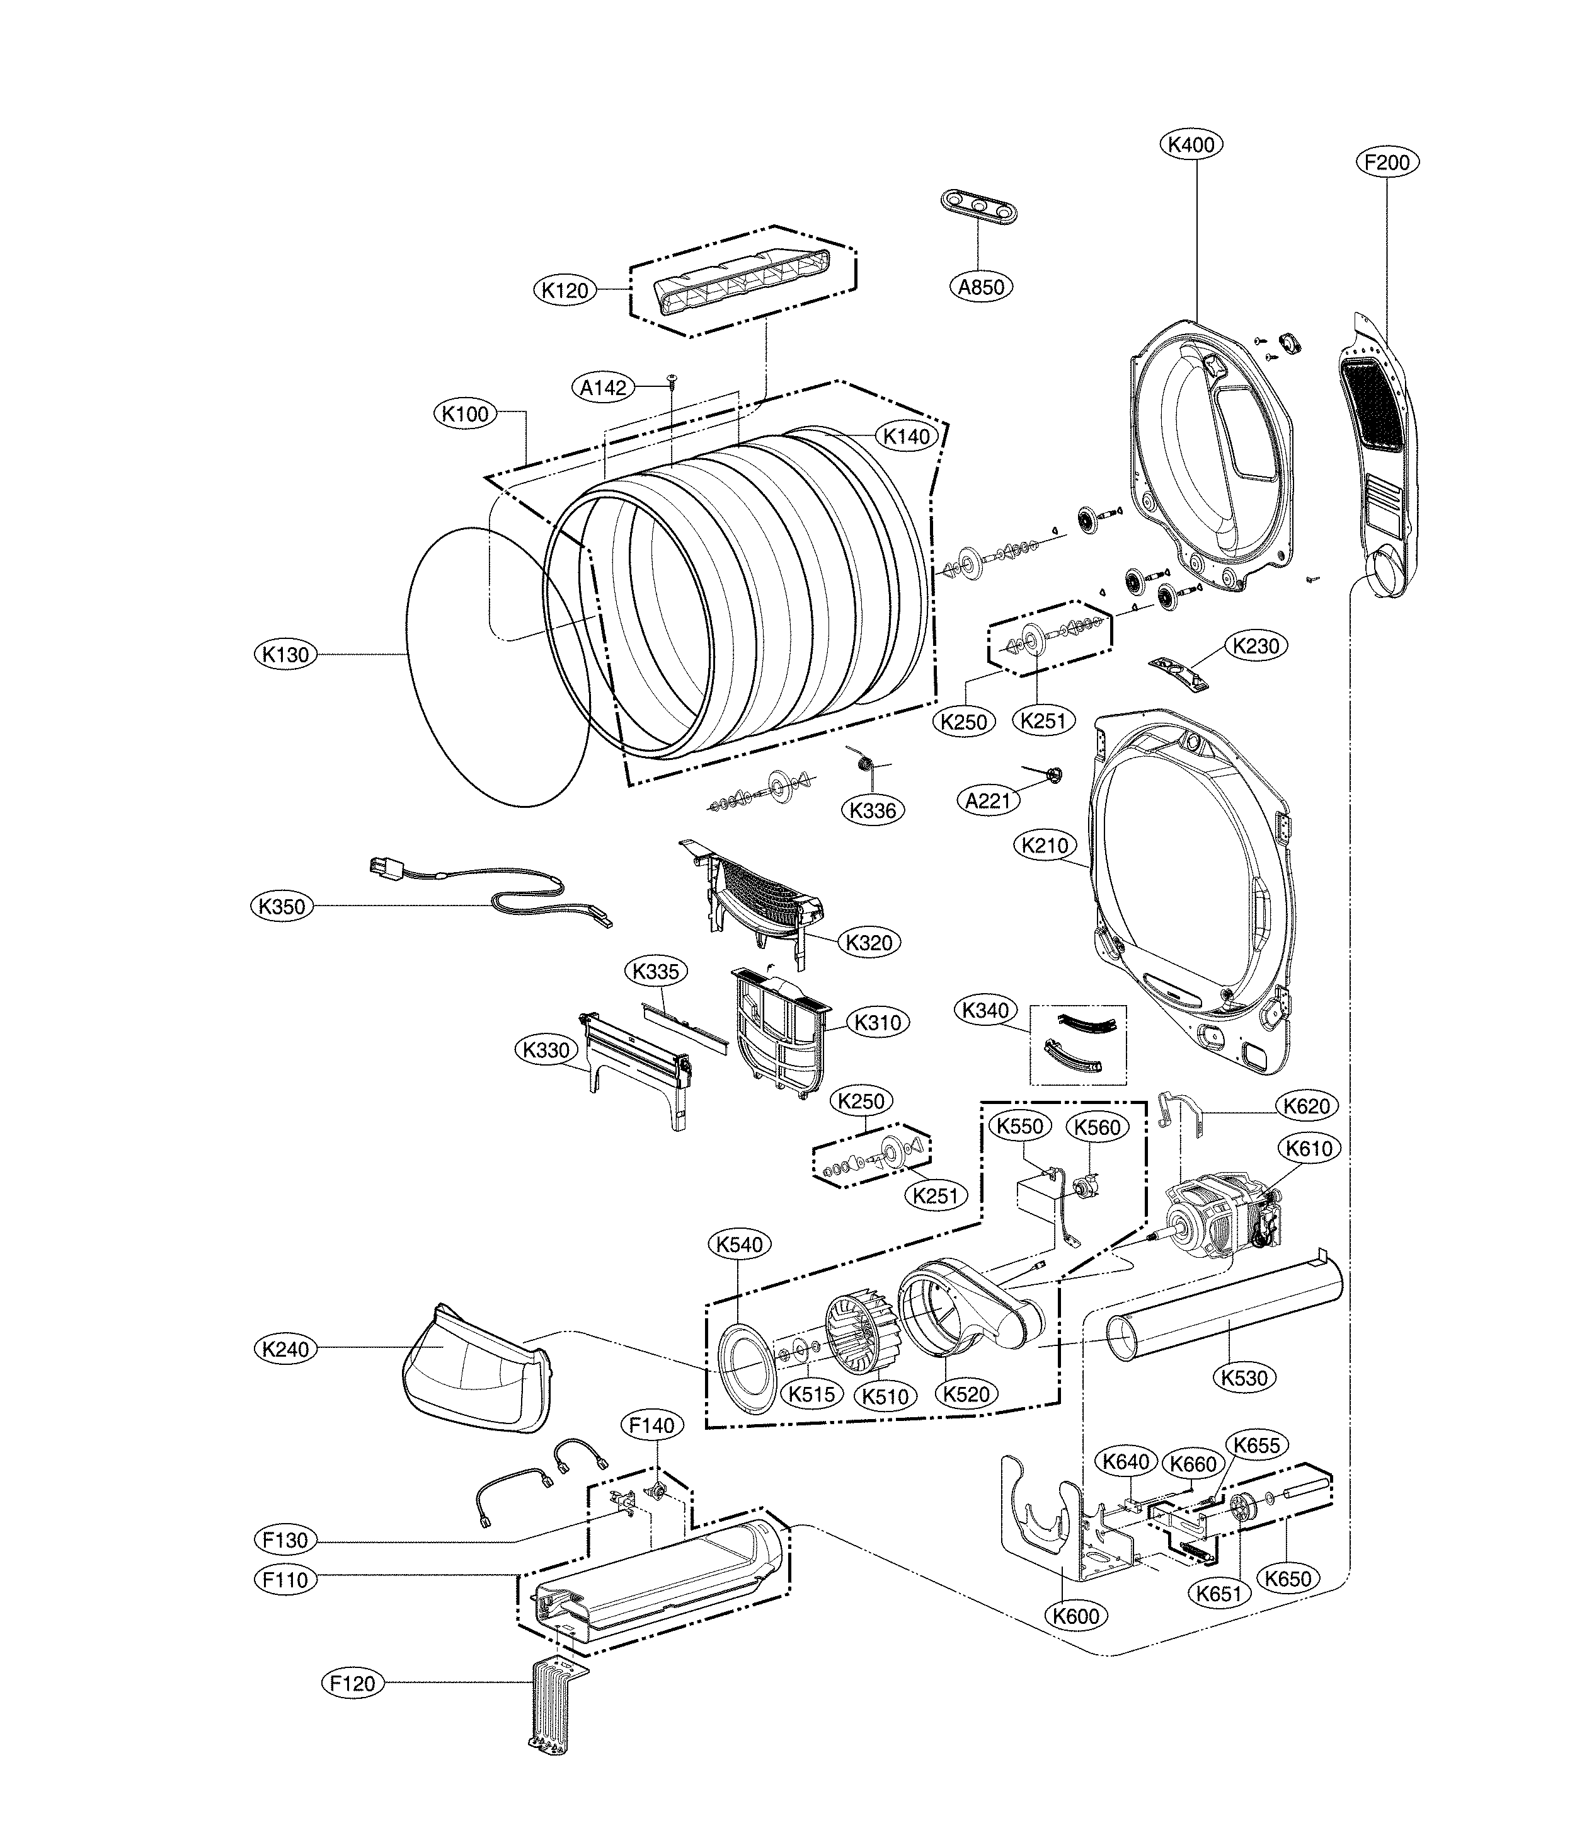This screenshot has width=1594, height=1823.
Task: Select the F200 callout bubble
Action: [1387, 162]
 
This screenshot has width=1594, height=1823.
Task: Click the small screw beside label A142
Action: [672, 381]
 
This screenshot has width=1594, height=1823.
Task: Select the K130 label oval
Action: [285, 655]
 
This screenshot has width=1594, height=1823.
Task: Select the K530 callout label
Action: [1244, 1377]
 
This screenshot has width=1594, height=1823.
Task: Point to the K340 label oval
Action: [985, 1010]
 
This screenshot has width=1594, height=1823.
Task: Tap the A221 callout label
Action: [989, 801]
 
